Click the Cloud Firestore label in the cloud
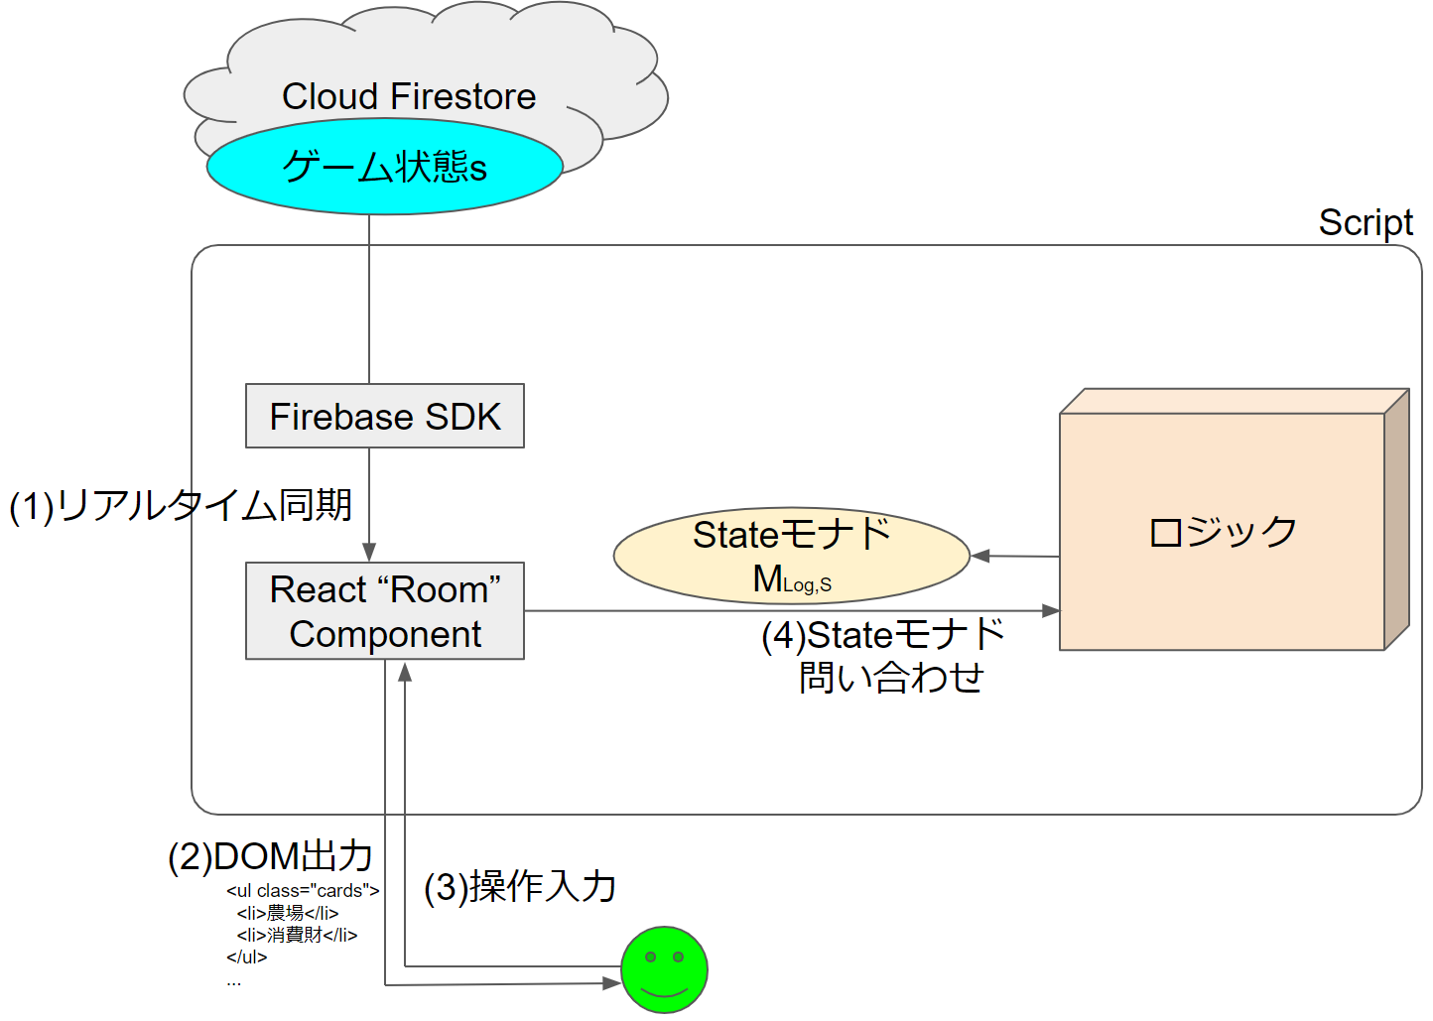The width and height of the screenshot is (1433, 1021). pos(409,96)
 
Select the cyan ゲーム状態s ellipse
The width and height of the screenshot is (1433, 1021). pos(385,167)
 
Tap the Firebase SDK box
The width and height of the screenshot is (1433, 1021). pos(385,416)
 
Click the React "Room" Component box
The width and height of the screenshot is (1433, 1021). pos(385,611)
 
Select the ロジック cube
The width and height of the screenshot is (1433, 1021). pos(1222,532)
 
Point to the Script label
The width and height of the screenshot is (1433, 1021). pos(1366,222)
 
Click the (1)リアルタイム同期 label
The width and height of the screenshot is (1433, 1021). pos(181,505)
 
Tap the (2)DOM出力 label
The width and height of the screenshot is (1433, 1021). pos(270,856)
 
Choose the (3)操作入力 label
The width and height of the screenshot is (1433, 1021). pos(520,887)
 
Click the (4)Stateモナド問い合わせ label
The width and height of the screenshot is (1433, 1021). pos(883,656)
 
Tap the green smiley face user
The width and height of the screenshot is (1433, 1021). pos(664,969)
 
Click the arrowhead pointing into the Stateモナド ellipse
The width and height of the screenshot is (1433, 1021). pos(980,556)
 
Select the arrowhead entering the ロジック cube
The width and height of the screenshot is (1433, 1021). pos(1051,611)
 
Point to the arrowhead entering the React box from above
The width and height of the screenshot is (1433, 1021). pos(369,553)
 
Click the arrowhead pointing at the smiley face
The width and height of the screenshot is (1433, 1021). pos(611,983)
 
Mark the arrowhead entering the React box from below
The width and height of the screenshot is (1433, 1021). pos(405,672)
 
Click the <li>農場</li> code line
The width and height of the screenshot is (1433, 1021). pos(288,913)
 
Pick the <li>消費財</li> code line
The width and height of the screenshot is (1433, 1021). pos(297,935)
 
